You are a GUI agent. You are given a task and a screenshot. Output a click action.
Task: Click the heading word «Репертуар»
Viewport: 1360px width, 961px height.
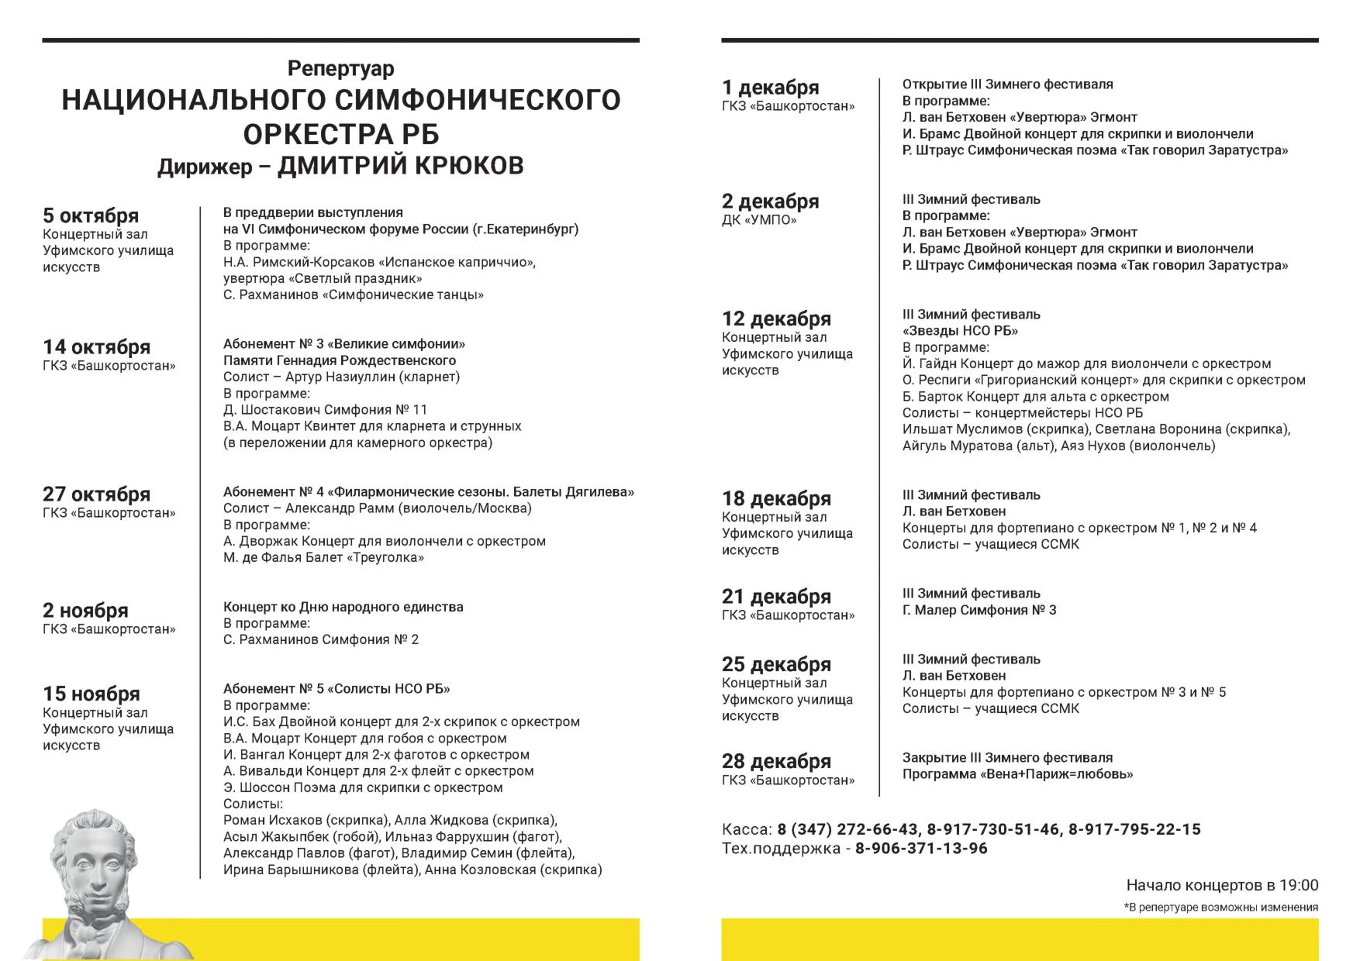(340, 69)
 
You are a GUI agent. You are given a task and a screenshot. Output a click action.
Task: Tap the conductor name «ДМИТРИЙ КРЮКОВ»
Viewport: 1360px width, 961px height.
(400, 166)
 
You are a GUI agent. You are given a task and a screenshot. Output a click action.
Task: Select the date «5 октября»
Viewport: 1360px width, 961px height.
(91, 215)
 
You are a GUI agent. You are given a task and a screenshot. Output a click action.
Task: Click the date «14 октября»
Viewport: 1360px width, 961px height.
(96, 346)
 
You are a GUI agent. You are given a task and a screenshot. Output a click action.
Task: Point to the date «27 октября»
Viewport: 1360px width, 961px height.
(96, 494)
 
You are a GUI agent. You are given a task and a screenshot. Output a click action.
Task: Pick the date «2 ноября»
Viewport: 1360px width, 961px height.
(85, 610)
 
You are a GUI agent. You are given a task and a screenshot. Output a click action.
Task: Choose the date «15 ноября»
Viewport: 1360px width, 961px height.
(91, 694)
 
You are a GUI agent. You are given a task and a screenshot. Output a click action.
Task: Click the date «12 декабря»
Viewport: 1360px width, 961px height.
(776, 319)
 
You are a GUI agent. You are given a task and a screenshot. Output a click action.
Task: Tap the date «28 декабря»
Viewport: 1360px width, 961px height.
(776, 761)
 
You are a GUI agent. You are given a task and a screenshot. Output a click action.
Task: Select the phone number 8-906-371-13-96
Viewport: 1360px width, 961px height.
(921, 849)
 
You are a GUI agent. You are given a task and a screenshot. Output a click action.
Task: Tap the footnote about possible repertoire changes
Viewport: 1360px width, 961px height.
(1220, 908)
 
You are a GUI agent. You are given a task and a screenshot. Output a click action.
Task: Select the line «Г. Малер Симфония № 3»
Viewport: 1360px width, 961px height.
(979, 610)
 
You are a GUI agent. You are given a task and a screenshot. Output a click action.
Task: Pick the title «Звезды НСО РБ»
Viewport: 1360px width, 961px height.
(960, 331)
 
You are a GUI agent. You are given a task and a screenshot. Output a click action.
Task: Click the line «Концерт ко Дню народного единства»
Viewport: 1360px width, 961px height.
(343, 607)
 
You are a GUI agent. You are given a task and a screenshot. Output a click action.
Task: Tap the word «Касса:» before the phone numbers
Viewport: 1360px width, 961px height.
(747, 829)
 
